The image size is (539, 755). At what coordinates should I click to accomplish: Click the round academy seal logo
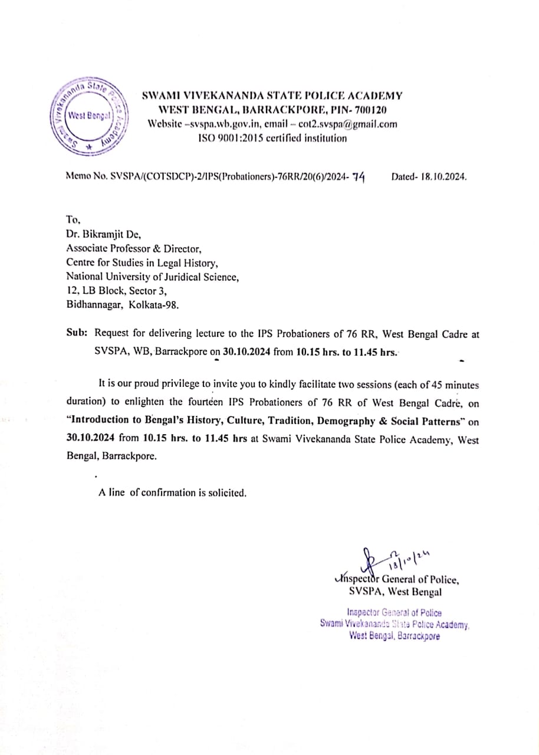tap(87, 116)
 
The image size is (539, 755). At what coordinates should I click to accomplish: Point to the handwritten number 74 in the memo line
tap(358, 176)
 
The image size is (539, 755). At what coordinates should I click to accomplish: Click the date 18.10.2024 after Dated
tap(443, 176)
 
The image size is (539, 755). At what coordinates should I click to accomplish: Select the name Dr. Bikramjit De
tap(103, 234)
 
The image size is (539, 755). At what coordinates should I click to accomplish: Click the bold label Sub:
tap(77, 334)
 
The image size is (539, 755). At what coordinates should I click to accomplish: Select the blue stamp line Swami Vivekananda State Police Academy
tap(395, 624)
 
